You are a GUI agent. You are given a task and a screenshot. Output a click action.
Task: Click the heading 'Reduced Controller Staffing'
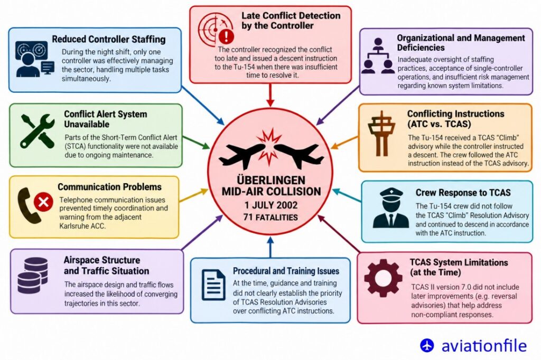[x=109, y=39]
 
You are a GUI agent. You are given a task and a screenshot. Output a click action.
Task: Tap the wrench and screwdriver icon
[x=38, y=131]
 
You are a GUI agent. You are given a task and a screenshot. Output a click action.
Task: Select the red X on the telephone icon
[x=43, y=202]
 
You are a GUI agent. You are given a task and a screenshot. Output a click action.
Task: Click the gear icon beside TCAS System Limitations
[x=384, y=278]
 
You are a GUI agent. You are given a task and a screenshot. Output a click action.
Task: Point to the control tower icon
[x=381, y=133]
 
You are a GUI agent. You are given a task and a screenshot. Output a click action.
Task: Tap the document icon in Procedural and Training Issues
[x=213, y=285]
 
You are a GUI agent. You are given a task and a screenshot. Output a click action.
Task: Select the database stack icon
[x=33, y=276]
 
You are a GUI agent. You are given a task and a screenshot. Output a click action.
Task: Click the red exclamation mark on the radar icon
[x=227, y=36]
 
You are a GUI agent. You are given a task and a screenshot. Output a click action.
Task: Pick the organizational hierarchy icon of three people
[x=378, y=56]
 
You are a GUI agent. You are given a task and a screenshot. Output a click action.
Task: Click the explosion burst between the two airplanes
[x=270, y=146]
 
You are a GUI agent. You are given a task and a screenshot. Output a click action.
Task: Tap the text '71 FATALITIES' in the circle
[x=270, y=217]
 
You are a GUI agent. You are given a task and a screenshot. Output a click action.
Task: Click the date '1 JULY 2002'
[x=271, y=205]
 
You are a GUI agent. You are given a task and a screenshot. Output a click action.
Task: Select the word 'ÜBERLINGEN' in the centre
[x=271, y=181]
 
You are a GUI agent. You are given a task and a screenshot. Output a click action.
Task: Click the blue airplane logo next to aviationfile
[x=427, y=345]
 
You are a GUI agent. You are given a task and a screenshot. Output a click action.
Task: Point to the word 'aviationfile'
[x=484, y=346]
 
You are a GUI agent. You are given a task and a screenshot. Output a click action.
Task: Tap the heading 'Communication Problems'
[x=109, y=187]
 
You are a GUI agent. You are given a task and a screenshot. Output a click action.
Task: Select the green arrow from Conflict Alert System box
[x=196, y=143]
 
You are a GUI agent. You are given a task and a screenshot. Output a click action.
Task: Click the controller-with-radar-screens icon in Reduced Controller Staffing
[x=34, y=59]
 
